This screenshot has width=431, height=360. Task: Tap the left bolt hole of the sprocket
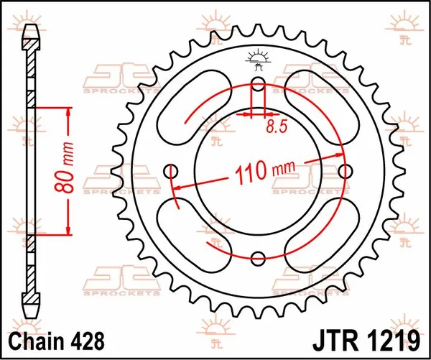pyautogui.click(x=172, y=171)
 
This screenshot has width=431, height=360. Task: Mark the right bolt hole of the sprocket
pyautogui.click(x=347, y=171)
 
